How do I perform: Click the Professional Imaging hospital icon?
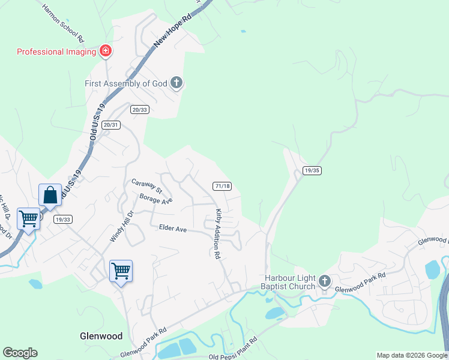[106, 52]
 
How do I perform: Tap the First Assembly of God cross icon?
[176, 83]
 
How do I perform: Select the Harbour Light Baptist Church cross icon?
[324, 281]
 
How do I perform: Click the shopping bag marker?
[50, 195]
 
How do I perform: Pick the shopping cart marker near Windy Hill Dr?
[121, 272]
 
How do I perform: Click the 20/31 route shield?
[111, 125]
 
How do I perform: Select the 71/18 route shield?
[221, 186]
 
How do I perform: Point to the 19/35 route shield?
[312, 170]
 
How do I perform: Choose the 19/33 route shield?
[62, 220]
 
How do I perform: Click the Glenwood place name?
[101, 336]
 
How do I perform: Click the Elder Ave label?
[173, 228]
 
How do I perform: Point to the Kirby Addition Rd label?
[217, 234]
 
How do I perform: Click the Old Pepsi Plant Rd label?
[233, 349]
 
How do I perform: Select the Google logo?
[20, 353]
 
